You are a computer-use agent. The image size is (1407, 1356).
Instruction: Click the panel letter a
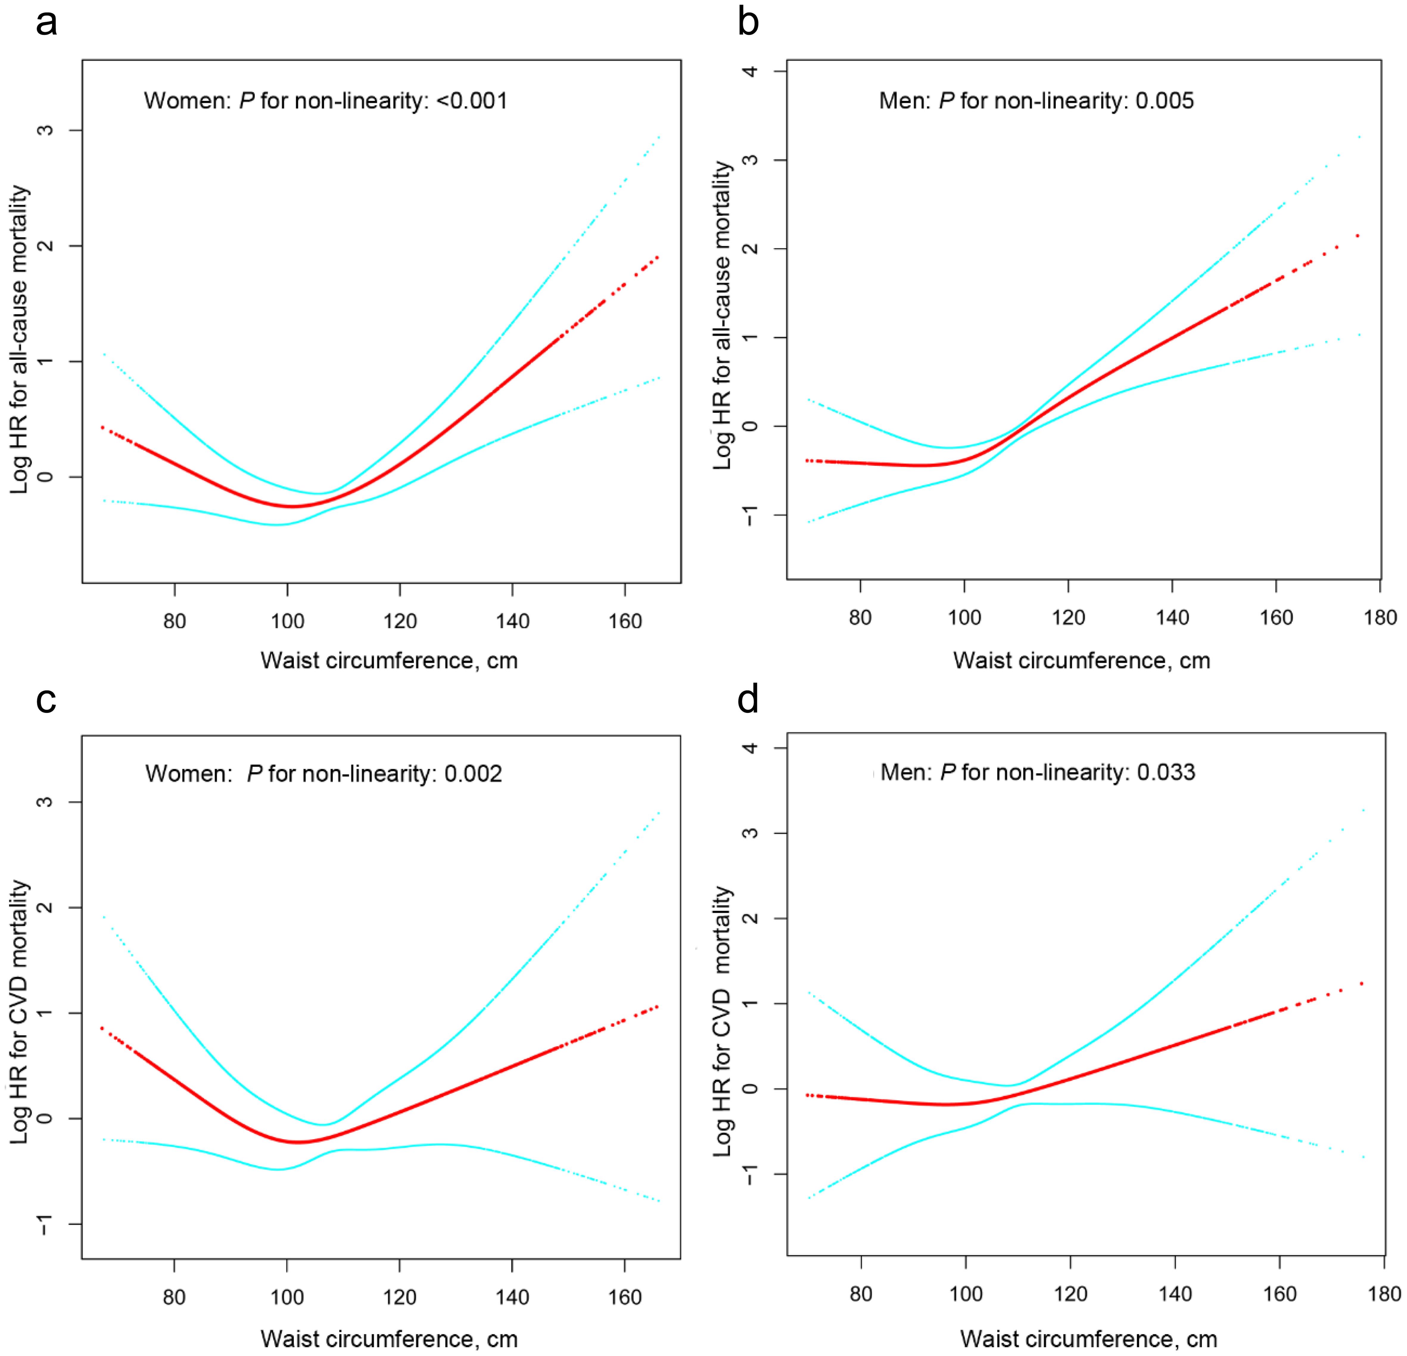coord(47,23)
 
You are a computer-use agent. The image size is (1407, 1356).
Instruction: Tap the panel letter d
coord(748,699)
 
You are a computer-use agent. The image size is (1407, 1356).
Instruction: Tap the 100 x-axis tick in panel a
coord(287,621)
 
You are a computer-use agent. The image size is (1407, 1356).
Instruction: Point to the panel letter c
coord(46,700)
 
